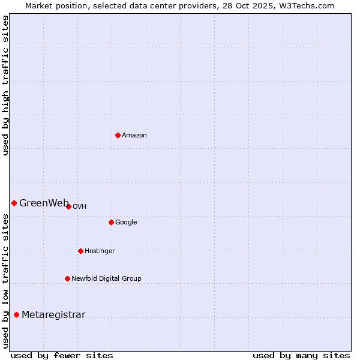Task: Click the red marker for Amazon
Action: point(118,135)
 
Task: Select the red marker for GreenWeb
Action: point(14,203)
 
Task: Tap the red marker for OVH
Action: point(68,206)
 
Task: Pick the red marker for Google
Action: point(111,222)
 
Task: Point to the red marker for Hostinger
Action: point(80,251)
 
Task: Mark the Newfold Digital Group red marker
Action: point(67,278)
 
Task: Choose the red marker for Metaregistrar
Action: point(16,314)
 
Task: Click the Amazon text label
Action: point(134,136)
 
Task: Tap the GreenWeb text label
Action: point(44,203)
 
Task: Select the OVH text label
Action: point(80,207)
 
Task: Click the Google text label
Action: point(126,223)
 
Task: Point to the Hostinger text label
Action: point(100,251)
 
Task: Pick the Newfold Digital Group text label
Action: point(106,279)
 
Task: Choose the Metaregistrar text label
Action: point(53,315)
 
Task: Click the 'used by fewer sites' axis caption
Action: point(62,355)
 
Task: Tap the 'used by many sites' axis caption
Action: point(301,355)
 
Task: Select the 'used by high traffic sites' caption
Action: point(5,85)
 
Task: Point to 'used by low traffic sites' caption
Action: point(5,281)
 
